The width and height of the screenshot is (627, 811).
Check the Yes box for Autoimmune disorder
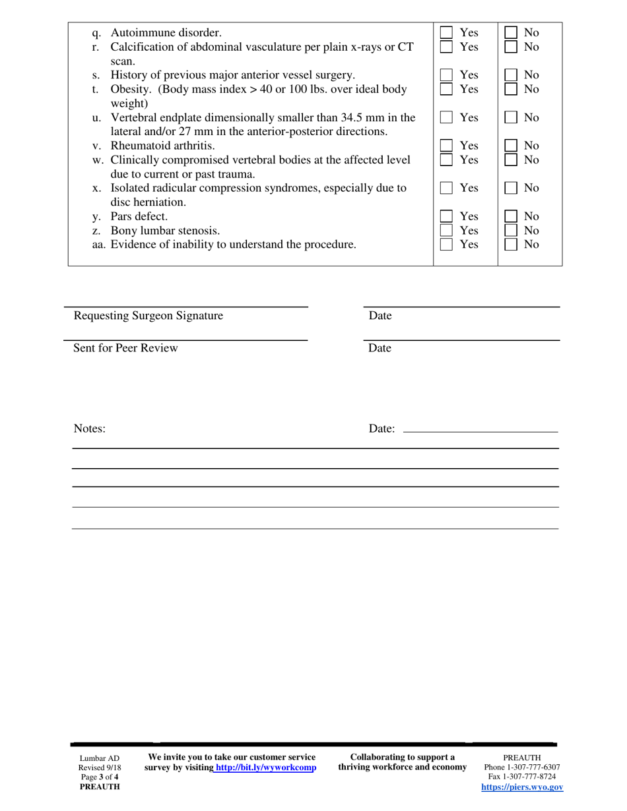447,32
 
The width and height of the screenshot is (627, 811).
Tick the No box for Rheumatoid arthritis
511,145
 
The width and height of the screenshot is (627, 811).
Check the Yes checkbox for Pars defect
447,216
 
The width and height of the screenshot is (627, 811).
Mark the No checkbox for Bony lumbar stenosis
511,230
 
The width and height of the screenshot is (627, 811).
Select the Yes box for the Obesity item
447,89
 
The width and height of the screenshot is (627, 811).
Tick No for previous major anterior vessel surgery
511,75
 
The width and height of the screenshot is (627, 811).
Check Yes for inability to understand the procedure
447,245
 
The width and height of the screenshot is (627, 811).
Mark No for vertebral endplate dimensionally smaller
511,117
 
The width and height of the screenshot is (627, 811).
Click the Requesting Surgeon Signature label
148,316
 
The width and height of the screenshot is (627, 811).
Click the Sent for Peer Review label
125,348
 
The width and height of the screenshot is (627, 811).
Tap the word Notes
89,429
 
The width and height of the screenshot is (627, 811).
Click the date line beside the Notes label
480,431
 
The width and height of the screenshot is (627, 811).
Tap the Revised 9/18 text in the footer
100,768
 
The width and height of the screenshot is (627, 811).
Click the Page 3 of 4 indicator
100,777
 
